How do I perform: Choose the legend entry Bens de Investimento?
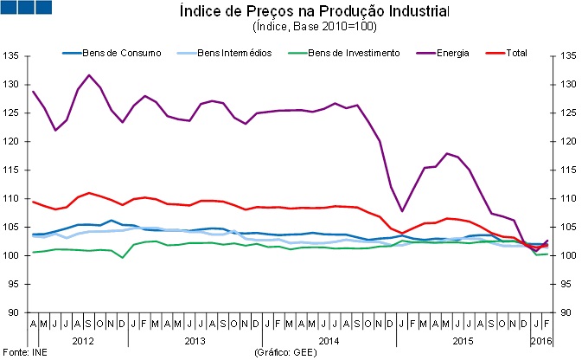355,53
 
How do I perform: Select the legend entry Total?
516,53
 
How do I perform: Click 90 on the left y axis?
14,312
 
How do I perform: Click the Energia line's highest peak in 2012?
89,75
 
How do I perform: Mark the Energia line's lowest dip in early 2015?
402,210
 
